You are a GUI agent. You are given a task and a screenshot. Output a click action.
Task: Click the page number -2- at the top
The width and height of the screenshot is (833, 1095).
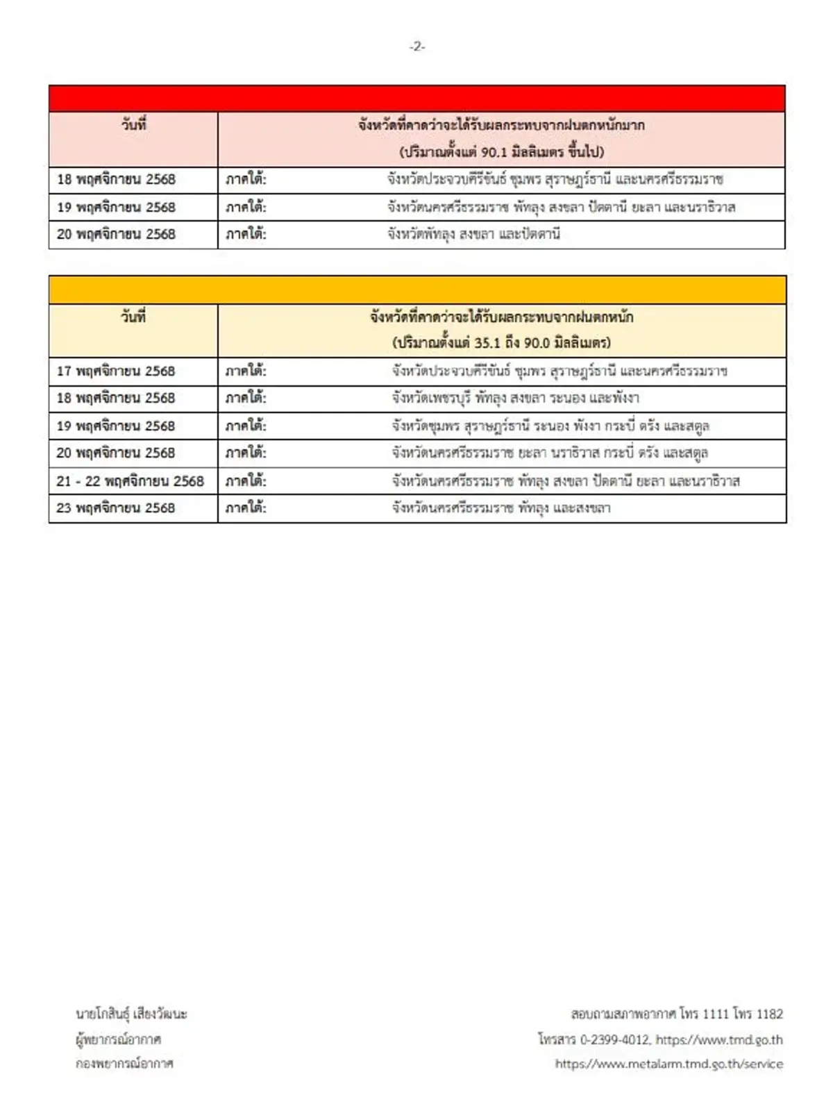(x=416, y=47)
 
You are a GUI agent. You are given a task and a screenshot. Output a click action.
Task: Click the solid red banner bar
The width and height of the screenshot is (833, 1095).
(x=416, y=99)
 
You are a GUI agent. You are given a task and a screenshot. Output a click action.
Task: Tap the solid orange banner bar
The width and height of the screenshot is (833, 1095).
(x=416, y=290)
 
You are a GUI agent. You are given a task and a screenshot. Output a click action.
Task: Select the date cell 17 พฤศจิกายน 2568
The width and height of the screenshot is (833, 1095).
(x=116, y=371)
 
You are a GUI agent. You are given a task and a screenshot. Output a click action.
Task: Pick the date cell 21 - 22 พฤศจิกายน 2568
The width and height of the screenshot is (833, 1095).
(x=130, y=480)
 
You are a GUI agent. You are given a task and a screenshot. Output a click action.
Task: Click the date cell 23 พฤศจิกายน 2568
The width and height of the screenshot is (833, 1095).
(x=116, y=508)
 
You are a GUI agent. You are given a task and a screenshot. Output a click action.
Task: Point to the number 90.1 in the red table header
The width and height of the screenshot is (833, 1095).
(x=494, y=152)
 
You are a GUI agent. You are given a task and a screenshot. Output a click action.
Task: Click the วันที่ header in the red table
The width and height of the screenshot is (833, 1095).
(x=133, y=126)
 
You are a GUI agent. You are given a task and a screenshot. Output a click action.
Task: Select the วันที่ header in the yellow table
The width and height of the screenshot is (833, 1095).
(x=133, y=317)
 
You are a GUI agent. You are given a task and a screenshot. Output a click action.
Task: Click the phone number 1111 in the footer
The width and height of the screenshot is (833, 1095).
(x=715, y=1014)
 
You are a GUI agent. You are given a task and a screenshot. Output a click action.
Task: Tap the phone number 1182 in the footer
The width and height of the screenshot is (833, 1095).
(x=769, y=1014)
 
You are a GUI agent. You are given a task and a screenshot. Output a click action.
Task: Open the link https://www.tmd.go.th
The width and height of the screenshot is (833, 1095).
(x=719, y=1039)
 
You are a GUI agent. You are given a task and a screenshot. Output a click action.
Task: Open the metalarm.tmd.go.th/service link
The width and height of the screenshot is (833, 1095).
(x=669, y=1064)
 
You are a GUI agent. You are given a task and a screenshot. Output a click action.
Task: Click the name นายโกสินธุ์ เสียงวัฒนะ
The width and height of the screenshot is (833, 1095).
(x=131, y=1014)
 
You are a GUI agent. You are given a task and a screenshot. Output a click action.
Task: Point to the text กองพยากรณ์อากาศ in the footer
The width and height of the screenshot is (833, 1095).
(x=124, y=1064)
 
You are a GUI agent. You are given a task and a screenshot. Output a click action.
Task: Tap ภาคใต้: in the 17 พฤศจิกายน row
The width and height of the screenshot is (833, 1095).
(x=246, y=371)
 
